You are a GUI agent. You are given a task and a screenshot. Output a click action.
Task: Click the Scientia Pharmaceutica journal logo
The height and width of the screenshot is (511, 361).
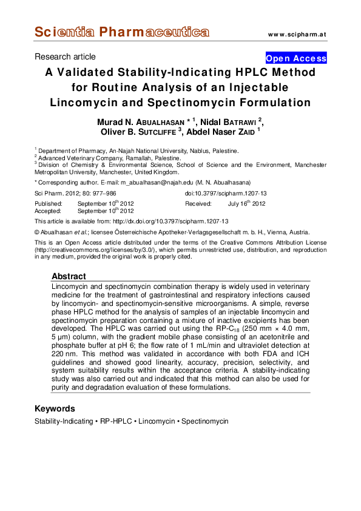point(122,32)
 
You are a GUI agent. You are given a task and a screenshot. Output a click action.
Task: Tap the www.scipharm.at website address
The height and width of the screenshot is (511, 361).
point(297,34)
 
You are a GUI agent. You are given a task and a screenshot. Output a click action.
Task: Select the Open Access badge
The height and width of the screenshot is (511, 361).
point(297,59)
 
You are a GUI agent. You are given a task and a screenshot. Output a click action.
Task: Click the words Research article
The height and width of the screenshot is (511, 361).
point(65,57)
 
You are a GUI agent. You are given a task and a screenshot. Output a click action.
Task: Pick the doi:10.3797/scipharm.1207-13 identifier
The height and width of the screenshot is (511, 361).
point(226,193)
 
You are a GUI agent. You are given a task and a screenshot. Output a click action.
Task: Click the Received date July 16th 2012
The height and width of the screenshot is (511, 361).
point(246,204)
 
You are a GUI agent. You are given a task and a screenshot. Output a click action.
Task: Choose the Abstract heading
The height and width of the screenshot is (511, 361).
point(69,276)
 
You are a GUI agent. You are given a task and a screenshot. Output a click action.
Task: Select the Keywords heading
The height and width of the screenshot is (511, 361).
point(55,408)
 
